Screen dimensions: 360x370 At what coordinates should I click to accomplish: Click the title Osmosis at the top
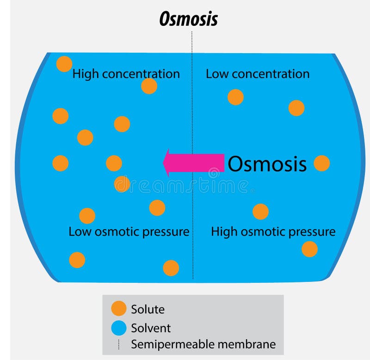click(188, 19)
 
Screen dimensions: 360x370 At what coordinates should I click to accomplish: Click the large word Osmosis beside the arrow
click(267, 164)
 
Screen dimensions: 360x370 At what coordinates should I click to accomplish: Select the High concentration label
click(126, 74)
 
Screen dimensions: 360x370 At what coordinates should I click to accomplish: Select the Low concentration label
click(258, 74)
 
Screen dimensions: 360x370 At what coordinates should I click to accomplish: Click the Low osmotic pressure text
click(129, 232)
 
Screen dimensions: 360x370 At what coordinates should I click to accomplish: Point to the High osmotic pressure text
click(273, 232)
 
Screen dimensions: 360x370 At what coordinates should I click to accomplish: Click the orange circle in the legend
click(119, 309)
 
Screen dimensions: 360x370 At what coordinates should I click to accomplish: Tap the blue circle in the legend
click(119, 328)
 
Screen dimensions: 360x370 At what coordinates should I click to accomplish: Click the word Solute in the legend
click(148, 309)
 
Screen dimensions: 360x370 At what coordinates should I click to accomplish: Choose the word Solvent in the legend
click(151, 328)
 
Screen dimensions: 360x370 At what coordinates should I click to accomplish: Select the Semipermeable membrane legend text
click(203, 344)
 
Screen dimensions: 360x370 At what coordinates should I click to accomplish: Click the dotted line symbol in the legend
click(119, 344)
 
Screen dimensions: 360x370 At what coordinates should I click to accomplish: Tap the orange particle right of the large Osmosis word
click(321, 163)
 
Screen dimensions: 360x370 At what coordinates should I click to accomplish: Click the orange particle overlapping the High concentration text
click(149, 86)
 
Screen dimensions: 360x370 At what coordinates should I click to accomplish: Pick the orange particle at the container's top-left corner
click(64, 64)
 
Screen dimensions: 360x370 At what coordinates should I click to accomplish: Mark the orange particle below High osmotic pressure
click(309, 249)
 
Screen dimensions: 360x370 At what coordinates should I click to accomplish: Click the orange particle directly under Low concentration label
click(235, 97)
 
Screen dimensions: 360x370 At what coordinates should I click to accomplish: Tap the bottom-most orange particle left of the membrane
click(171, 268)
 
